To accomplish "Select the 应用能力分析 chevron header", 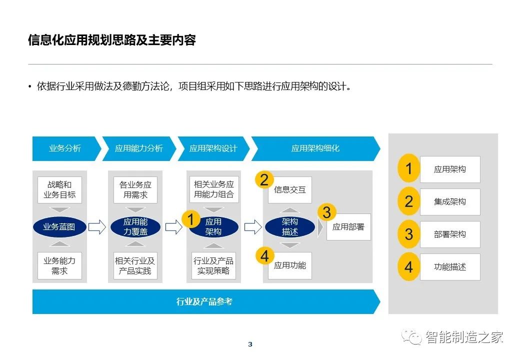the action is pos(139,148).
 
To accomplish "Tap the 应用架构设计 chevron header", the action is pos(213,148).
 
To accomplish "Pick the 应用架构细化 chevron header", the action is pos(315,148).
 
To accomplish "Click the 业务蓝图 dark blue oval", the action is pos(59,227).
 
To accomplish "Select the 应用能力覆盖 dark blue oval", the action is pos(135,227).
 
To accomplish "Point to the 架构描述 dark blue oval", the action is pos(290,227).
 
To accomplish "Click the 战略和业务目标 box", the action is pos(59,190).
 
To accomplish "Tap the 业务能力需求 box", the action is pos(59,266).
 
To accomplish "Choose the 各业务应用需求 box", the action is pos(135,190).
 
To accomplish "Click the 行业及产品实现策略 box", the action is pos(213,266).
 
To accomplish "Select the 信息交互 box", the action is pos(290,190).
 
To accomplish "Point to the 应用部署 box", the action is pos(348,227).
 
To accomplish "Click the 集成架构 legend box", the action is pos(450,202).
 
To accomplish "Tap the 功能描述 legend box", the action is pos(450,267).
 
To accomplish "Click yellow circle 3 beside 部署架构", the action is pos(408,234).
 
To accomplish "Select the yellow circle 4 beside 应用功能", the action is pos(264,256).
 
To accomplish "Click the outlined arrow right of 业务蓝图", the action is pos(97,227).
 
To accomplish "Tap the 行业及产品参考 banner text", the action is pos(204,301).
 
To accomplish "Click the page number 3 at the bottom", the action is pos(250,344).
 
